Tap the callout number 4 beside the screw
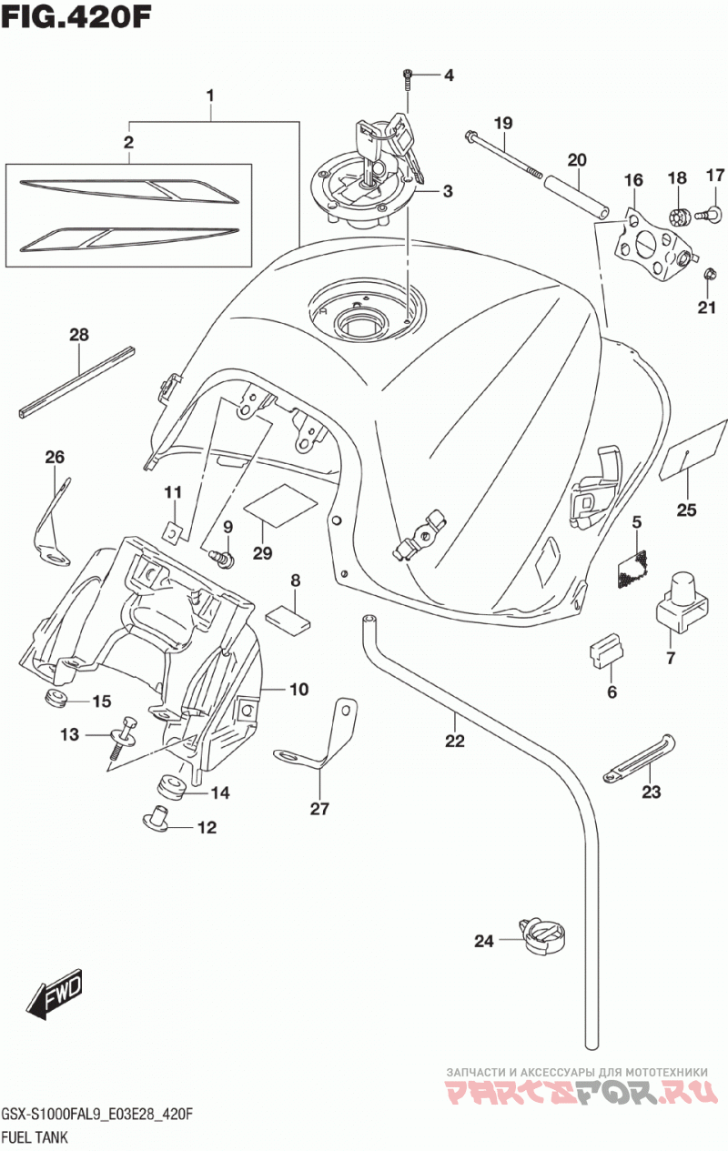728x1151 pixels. [449, 76]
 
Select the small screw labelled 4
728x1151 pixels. [408, 80]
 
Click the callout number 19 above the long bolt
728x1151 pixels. [503, 124]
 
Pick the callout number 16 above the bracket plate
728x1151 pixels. [633, 180]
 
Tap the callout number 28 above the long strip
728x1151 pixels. [79, 335]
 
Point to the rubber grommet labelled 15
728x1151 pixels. [54, 698]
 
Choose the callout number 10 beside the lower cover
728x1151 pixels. [298, 689]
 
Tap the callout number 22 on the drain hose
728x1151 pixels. [455, 741]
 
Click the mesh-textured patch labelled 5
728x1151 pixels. [633, 570]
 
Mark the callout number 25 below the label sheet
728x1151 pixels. [686, 510]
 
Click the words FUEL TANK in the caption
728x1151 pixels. [35, 1137]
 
